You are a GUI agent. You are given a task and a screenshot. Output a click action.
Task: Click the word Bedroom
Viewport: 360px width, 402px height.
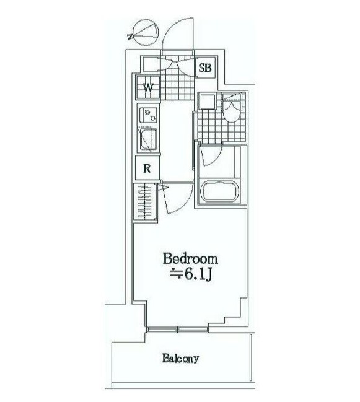click(190, 259)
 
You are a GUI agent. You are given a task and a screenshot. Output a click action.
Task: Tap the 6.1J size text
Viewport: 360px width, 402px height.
click(190, 274)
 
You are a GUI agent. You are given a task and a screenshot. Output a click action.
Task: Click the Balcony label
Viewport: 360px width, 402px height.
click(180, 358)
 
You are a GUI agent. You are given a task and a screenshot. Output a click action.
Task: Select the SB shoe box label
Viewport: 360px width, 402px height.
click(205, 68)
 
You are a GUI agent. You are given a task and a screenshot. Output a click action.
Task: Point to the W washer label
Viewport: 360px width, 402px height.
click(148, 88)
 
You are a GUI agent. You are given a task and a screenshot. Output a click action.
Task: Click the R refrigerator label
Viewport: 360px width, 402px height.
click(147, 168)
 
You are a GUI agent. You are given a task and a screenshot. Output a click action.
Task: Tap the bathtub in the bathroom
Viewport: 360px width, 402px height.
click(220, 192)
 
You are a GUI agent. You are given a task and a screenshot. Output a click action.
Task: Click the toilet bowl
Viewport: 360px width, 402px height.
click(232, 109)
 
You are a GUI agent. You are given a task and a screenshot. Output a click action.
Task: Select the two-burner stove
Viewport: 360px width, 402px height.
click(148, 115)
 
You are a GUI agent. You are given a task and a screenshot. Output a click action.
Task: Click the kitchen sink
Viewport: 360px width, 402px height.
click(148, 139)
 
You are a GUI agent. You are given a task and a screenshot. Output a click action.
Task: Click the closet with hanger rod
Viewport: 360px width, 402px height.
click(145, 202)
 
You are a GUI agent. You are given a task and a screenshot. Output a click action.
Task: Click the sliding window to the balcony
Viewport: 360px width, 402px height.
click(178, 329)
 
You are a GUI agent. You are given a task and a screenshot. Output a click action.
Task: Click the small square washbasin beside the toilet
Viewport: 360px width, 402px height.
click(208, 102)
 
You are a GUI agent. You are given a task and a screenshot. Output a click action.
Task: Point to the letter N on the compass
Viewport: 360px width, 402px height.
click(131, 37)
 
